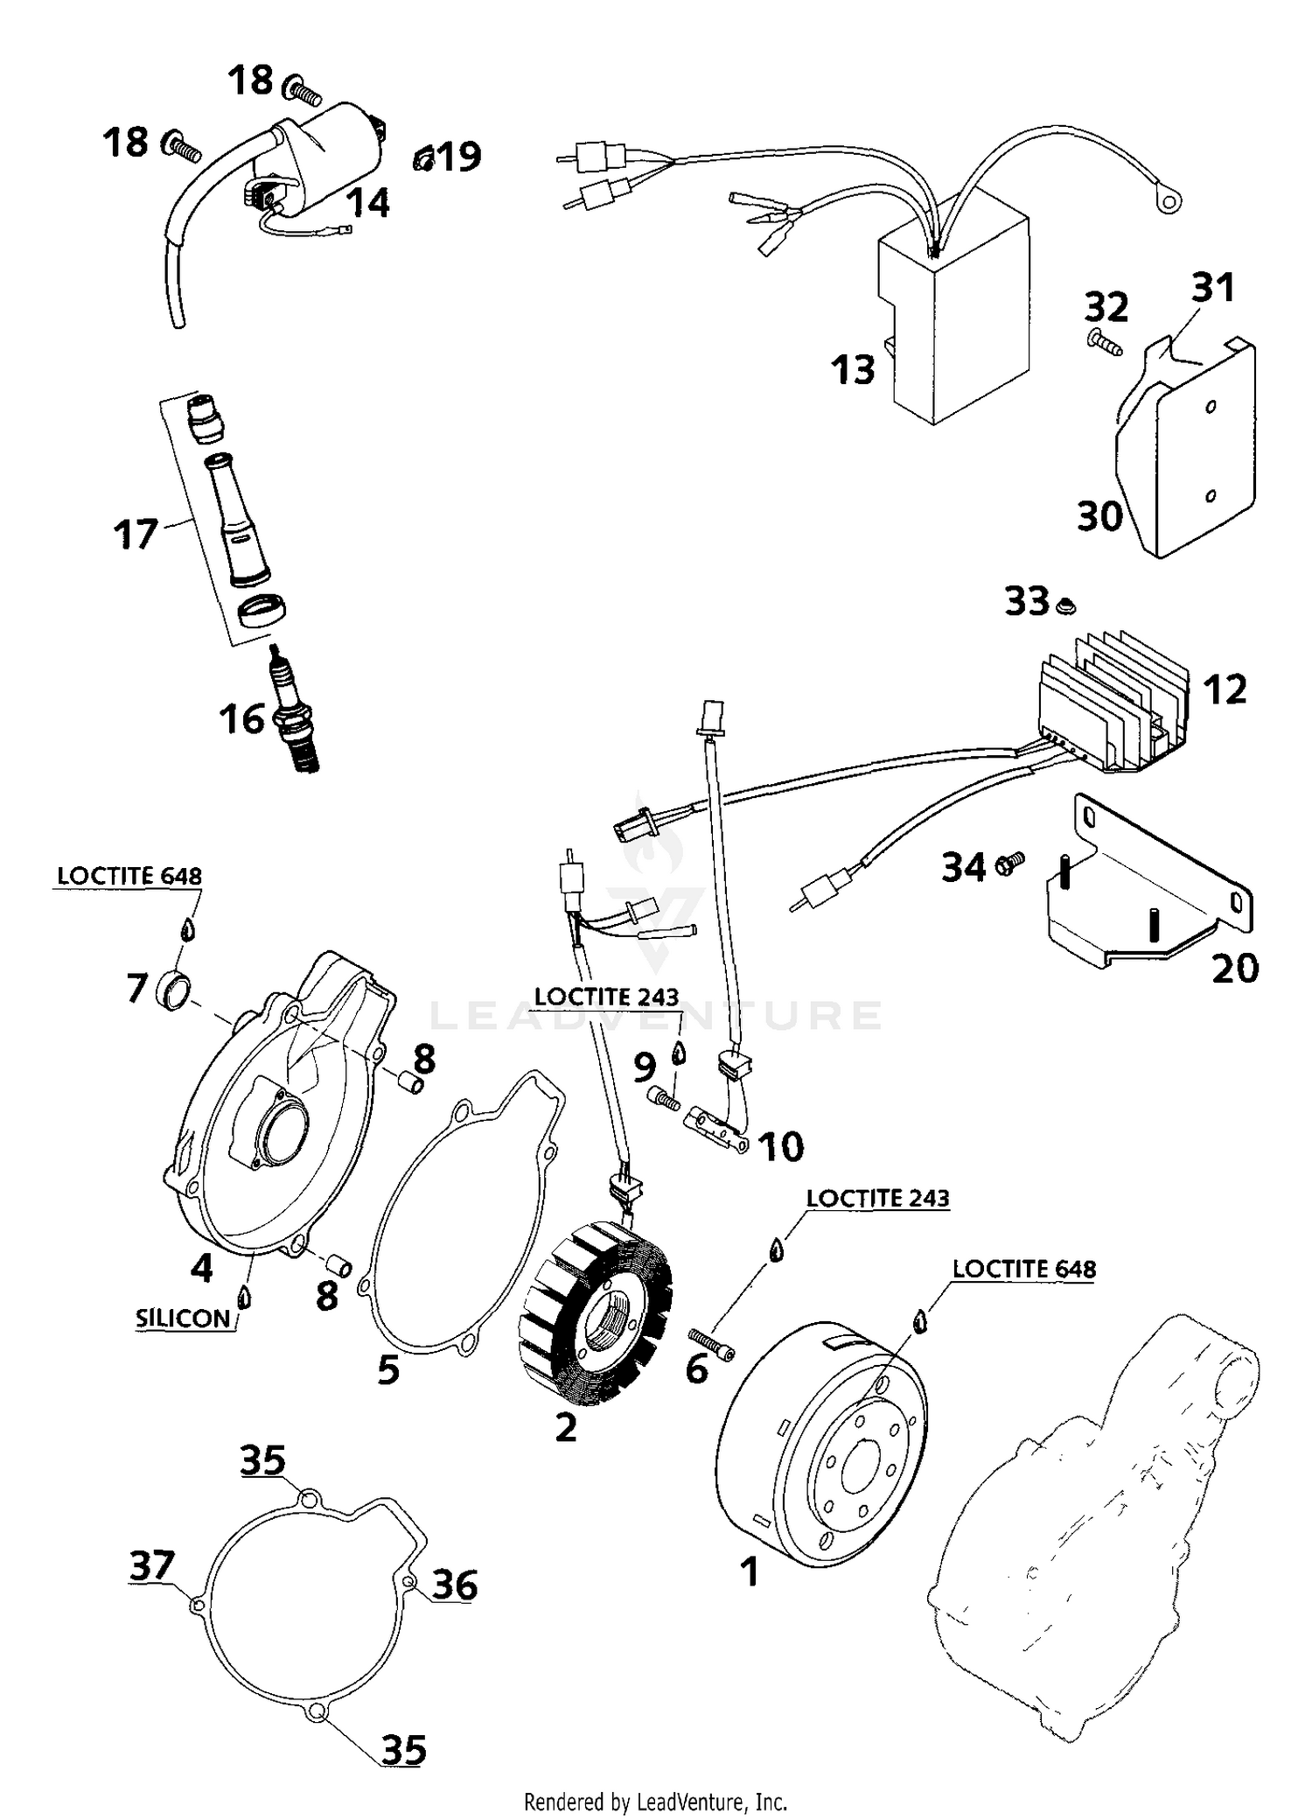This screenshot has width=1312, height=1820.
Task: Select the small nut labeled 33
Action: click(x=1065, y=605)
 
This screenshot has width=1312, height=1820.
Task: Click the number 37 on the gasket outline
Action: click(x=152, y=1565)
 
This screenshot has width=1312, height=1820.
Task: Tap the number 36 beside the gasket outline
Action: click(x=455, y=1585)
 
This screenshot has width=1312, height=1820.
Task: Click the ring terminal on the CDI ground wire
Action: click(x=1166, y=203)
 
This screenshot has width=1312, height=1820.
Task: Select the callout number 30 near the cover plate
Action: click(x=1099, y=516)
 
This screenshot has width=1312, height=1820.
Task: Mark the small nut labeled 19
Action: click(x=423, y=159)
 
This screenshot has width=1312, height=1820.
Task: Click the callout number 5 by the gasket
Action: click(x=388, y=1369)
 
